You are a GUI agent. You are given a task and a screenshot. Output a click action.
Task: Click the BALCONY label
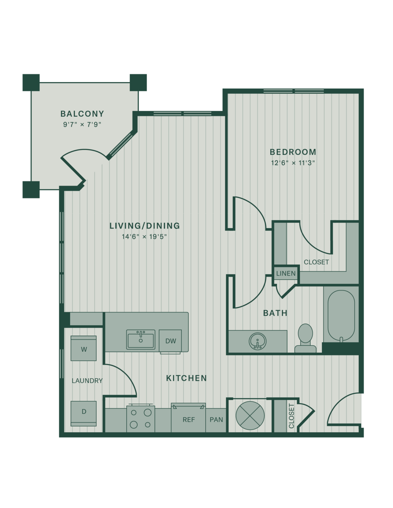coord(82,114)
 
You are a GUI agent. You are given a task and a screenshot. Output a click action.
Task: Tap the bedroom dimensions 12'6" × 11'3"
coord(293,163)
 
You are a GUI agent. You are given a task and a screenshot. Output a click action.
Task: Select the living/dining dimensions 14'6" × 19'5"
coord(144,237)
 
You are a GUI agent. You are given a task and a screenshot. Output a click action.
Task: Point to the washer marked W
coord(83,348)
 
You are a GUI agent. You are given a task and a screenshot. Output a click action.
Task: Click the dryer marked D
coord(83,414)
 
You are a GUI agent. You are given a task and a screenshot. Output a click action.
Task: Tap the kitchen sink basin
coord(141,340)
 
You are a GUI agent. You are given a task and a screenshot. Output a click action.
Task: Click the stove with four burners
coord(141,419)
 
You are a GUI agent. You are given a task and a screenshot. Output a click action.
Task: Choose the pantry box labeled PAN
coord(216,420)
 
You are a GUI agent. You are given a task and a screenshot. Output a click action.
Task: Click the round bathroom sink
coord(257,341)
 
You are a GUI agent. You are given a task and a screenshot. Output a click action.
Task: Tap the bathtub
coord(341,316)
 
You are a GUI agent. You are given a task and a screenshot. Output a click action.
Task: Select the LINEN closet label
coord(286,273)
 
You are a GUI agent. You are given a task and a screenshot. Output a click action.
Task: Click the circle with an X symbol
coord(250,416)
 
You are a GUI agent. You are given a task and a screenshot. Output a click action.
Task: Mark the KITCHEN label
coord(186,378)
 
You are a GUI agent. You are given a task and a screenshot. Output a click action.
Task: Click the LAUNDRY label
coord(87,381)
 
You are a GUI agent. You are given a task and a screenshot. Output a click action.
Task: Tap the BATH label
coord(275,313)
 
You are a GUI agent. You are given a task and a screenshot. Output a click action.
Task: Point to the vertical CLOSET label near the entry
coord(291,416)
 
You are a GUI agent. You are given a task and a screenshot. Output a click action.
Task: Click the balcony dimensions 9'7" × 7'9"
coord(82,124)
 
